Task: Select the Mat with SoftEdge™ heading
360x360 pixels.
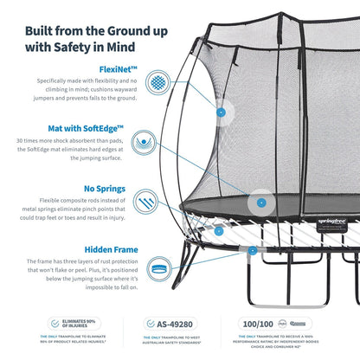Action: [86, 127]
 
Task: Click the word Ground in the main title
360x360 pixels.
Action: [152, 19]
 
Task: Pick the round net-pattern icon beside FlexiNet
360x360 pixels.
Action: [156, 83]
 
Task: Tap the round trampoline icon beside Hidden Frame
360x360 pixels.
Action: [156, 268]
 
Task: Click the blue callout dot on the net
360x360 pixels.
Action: [221, 112]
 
